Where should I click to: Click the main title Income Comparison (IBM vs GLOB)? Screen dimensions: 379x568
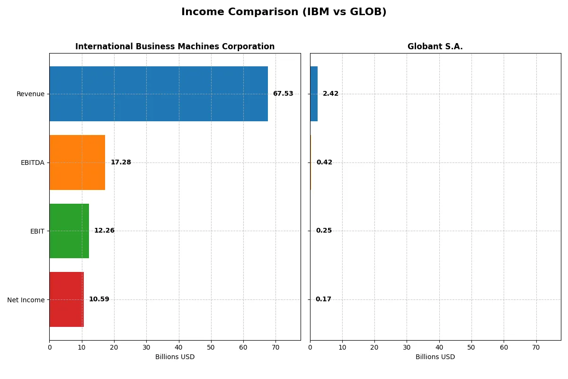284,12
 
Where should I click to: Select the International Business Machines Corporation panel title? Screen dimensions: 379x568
175,46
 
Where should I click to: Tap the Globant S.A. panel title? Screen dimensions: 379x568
435,46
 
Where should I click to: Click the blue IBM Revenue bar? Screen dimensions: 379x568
159,94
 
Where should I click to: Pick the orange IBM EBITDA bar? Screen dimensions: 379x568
77,162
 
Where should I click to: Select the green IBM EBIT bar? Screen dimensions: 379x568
69,231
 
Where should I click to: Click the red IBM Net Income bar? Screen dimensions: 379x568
66,299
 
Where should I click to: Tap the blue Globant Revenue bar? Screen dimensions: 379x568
314,94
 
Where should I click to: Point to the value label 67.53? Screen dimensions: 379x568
283,94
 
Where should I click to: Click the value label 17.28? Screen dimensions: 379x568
121,162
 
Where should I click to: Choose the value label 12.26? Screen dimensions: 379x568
104,231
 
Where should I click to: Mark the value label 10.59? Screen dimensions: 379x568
99,299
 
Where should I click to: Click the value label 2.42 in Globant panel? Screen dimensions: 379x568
330,94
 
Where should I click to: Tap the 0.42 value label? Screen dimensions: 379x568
324,162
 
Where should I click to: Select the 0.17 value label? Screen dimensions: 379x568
323,299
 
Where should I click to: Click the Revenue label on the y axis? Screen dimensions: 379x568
30,94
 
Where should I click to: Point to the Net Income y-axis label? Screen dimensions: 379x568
26,300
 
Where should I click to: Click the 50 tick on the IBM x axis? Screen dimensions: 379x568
211,347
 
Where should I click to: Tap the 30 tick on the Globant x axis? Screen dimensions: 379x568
407,347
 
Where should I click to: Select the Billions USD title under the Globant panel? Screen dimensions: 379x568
435,357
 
